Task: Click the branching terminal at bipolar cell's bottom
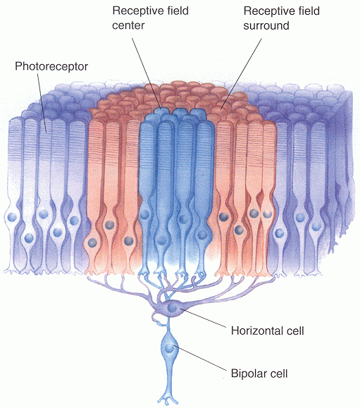tap(168, 400)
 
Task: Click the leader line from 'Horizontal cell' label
tap(208, 319)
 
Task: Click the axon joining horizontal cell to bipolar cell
tap(168, 326)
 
